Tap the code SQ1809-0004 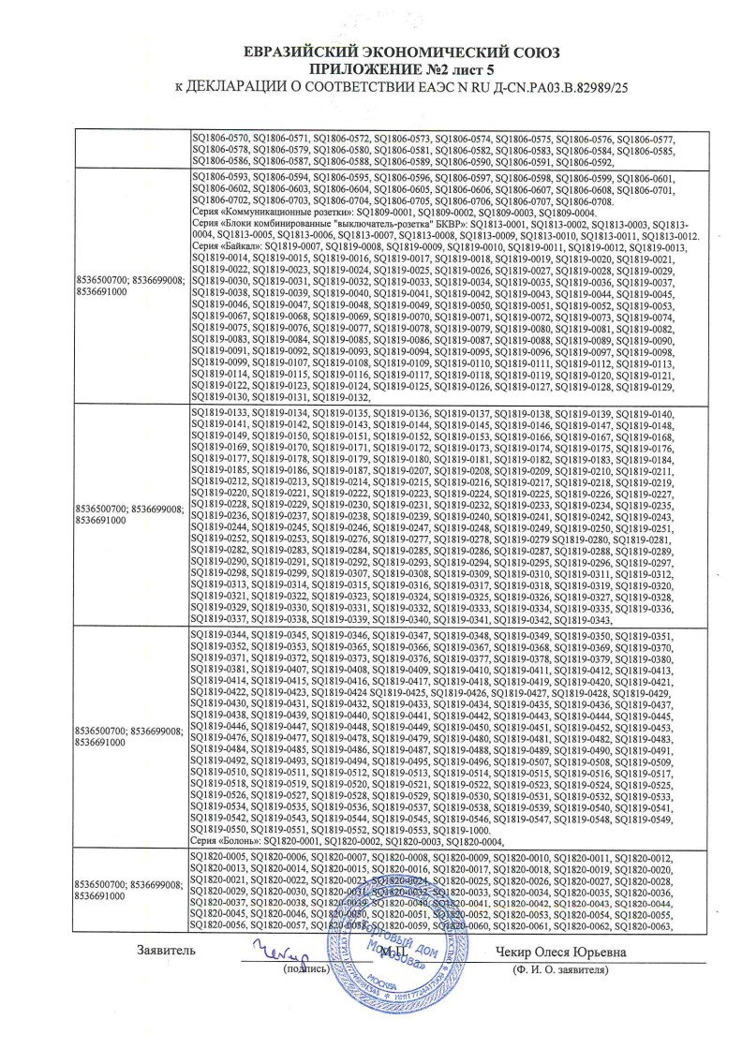(x=564, y=213)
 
